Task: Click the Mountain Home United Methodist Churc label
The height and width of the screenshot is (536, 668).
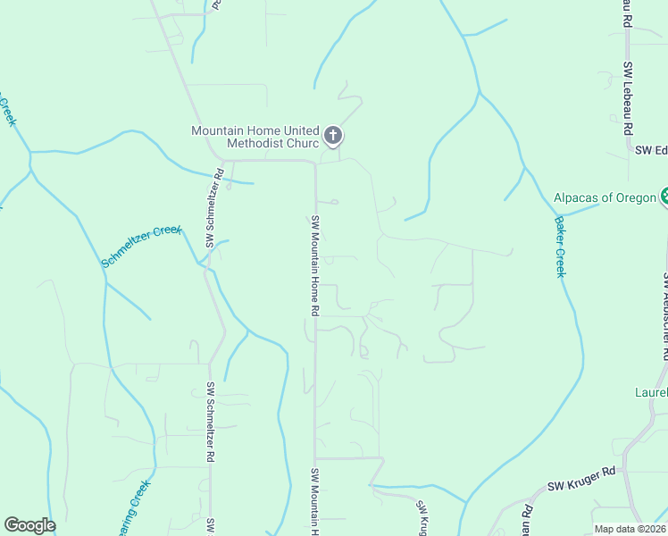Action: [x=255, y=137]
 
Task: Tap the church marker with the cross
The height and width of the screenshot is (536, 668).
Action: [x=332, y=137]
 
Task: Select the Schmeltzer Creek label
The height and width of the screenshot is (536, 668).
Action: [x=141, y=247]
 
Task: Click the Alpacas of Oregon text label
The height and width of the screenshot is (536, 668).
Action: [x=605, y=197]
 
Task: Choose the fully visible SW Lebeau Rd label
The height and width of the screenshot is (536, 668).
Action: [x=629, y=97]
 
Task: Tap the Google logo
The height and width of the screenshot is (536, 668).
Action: [x=29, y=525]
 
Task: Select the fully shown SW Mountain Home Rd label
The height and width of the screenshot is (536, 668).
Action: [x=314, y=265]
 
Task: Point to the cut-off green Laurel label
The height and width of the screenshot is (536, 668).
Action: [x=651, y=392]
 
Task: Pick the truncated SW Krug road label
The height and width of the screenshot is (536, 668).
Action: [x=422, y=517]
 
